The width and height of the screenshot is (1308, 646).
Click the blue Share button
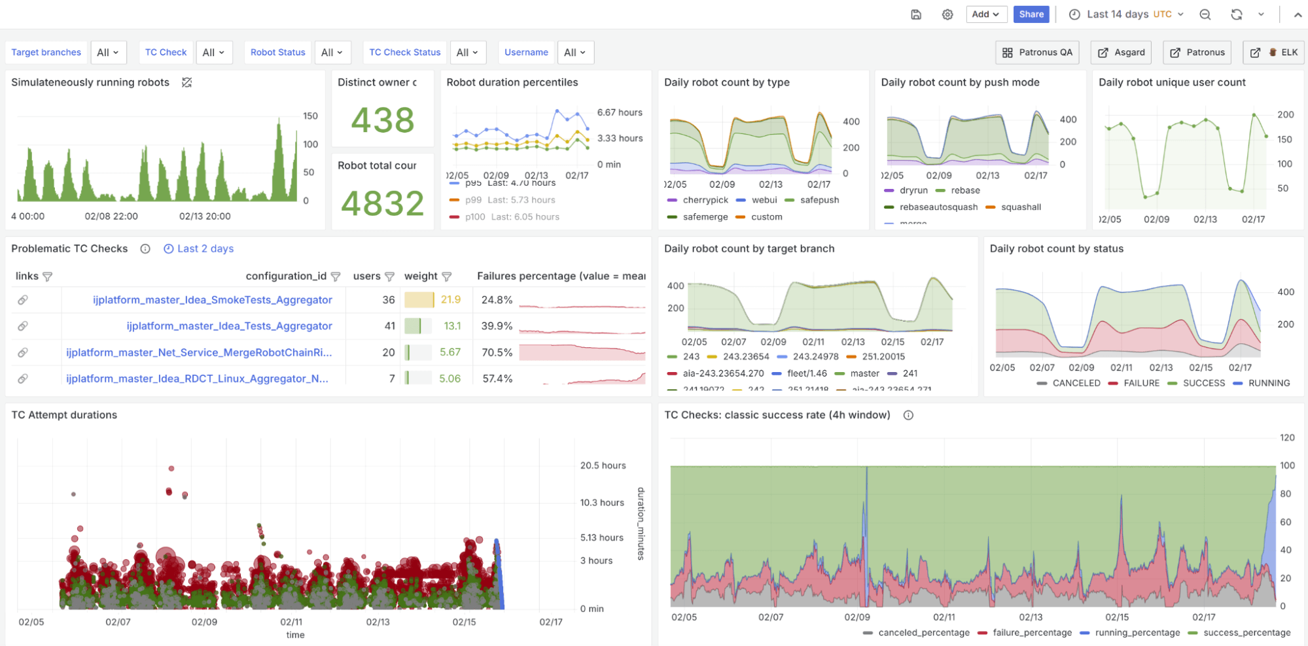coord(1031,14)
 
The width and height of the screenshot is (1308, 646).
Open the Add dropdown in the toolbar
coord(985,14)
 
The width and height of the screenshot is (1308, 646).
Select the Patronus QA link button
coord(1037,52)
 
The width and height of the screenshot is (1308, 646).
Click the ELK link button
coord(1273,52)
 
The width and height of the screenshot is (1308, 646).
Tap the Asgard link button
coord(1122,52)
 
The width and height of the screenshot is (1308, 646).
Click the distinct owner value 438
coord(383,120)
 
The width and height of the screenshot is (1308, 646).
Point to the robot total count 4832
coord(383,203)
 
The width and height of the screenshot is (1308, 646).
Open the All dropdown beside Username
coord(574,52)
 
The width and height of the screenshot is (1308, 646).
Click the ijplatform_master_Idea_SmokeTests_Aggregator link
coord(212,300)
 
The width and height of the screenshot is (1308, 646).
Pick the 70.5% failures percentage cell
coord(497,352)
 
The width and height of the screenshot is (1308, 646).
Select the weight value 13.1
coord(451,326)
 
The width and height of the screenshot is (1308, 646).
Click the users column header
coord(366,277)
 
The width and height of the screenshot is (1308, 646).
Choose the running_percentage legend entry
coord(1137,633)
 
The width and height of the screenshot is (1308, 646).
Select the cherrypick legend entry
coord(705,200)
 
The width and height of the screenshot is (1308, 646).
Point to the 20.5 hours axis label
coord(603,466)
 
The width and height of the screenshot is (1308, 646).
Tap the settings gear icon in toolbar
coord(947,14)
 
